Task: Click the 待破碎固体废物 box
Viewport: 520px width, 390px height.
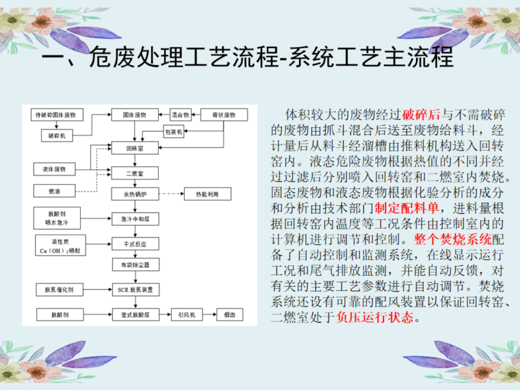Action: [x=56, y=115]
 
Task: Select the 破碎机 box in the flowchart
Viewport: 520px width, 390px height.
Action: [x=56, y=136]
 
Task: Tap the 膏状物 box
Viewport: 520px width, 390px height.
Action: [x=223, y=115]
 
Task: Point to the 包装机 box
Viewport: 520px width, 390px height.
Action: [x=173, y=131]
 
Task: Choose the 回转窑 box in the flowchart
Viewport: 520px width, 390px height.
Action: [x=135, y=148]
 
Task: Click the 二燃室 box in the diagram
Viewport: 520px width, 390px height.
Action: [x=135, y=172]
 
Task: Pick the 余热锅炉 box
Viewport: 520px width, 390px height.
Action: [x=135, y=194]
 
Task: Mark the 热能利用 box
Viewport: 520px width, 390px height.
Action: [x=207, y=194]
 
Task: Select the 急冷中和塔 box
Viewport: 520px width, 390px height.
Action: [x=135, y=219]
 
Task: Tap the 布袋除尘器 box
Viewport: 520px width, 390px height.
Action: [x=135, y=264]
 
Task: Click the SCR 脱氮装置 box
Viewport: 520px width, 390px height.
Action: [x=135, y=290]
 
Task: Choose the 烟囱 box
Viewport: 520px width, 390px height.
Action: [x=230, y=315]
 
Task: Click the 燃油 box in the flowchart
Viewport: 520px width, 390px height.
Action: [x=54, y=191]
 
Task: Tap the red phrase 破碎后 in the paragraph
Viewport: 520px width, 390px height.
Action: [x=421, y=115]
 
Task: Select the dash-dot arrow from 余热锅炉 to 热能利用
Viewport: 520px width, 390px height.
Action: [x=171, y=194]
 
